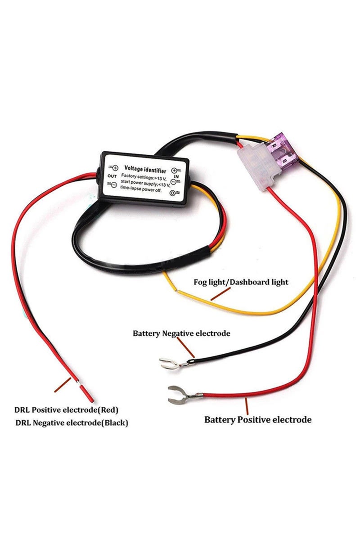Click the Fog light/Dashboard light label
241,282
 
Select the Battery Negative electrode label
181,333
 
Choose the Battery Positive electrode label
258,420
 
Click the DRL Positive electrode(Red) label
66,410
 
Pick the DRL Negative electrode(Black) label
72,423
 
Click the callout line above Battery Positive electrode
246,405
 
